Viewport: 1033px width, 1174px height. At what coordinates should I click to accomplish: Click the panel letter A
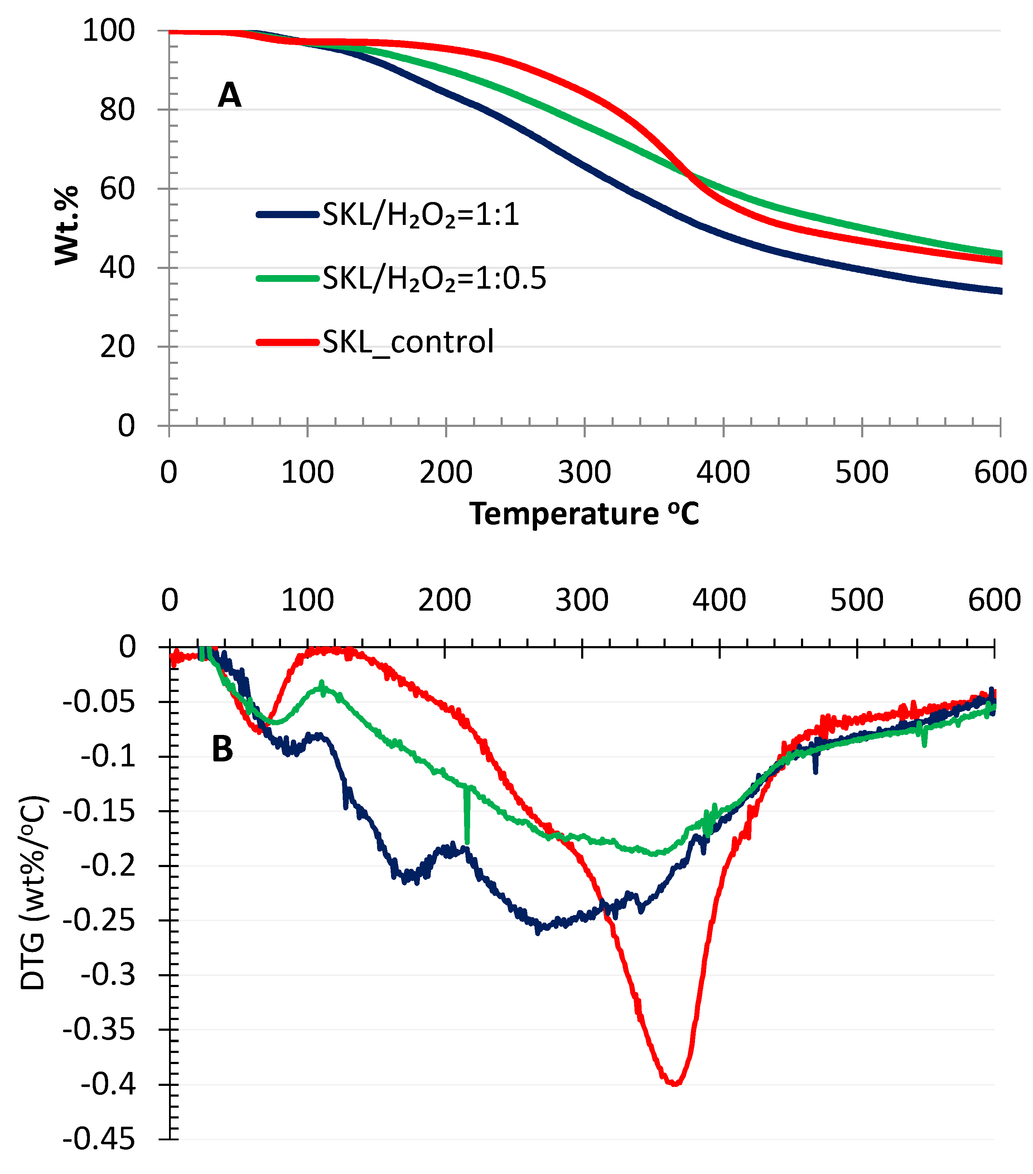229,95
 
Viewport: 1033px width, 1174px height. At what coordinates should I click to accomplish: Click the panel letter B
222,750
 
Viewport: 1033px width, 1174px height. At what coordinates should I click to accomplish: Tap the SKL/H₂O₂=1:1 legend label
420,215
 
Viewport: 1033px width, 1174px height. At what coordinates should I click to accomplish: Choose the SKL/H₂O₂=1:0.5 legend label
434,279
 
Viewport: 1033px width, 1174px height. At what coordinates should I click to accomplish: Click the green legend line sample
287,279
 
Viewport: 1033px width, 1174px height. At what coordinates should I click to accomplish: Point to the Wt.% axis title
66,225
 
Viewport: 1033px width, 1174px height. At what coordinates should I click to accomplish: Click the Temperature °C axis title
584,513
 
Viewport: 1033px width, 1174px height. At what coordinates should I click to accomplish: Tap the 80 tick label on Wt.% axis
117,110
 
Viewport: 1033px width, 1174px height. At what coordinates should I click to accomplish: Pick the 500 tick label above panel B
856,600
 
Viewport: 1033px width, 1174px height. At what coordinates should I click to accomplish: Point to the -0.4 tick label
107,1085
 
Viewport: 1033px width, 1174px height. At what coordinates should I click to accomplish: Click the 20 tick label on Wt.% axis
117,347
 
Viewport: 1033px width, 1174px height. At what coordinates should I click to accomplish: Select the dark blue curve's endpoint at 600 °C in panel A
1000,291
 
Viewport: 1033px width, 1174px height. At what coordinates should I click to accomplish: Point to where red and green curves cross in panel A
689,173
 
